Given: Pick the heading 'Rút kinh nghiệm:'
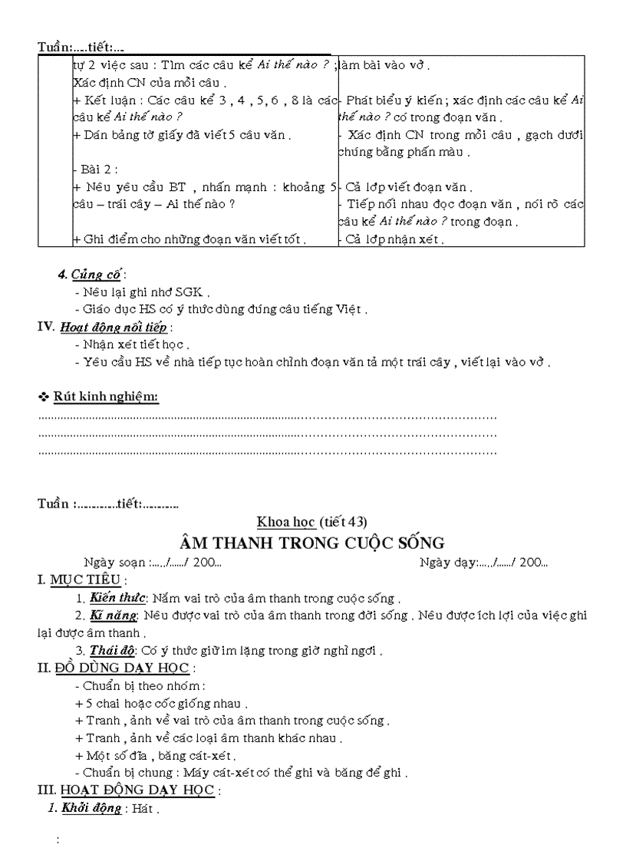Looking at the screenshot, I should pos(106,396).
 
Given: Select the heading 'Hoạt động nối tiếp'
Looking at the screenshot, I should pos(114,327).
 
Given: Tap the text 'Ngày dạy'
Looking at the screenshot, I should pos(446,562).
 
